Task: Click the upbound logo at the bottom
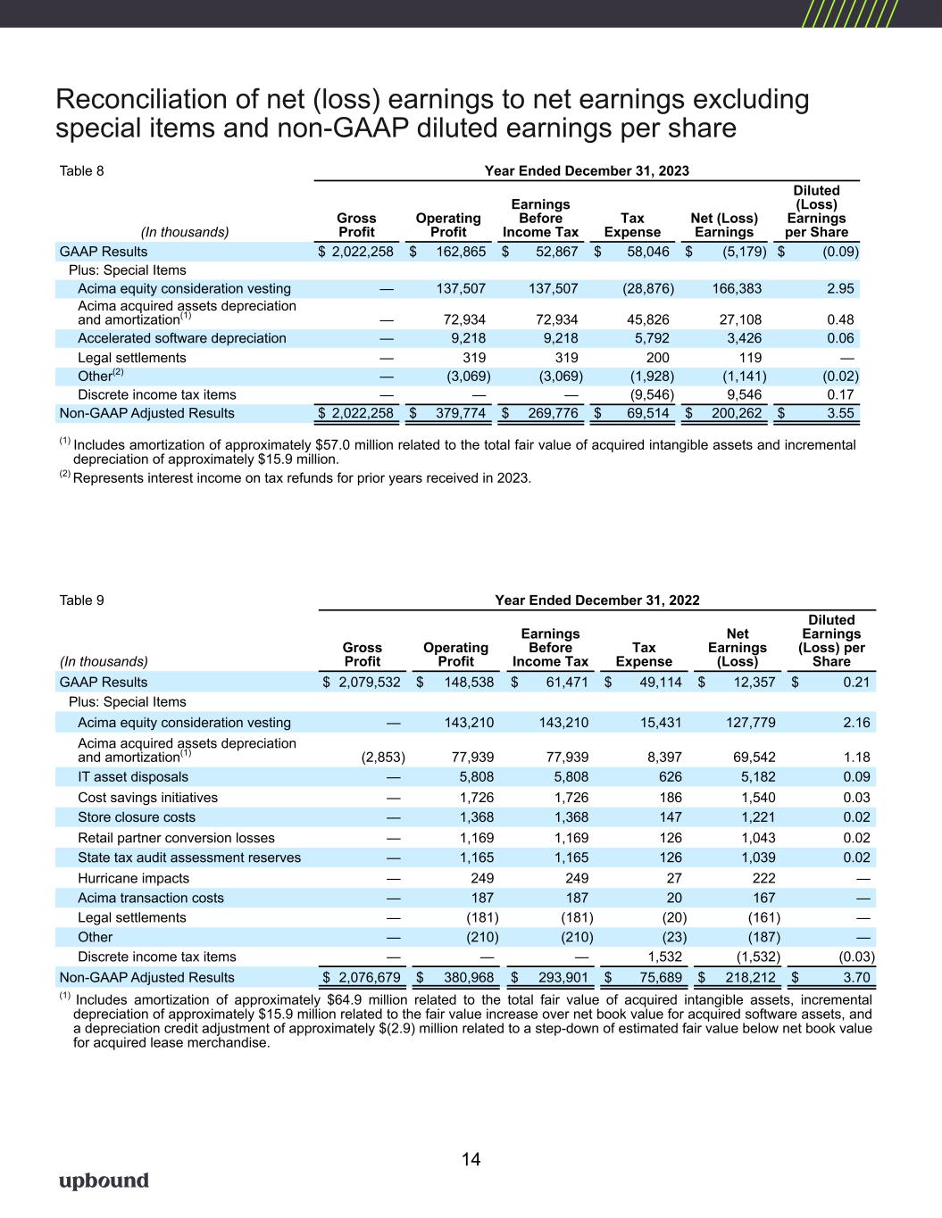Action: pyautogui.click(x=104, y=1181)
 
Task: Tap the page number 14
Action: pyautogui.click(x=471, y=1160)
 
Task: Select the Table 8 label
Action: pyautogui.click(x=81, y=170)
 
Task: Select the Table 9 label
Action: pyautogui.click(x=81, y=601)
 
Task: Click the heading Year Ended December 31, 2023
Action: pyautogui.click(x=586, y=170)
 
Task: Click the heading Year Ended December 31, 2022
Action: pyautogui.click(x=596, y=601)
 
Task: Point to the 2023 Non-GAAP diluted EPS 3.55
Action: pyautogui.click(x=839, y=413)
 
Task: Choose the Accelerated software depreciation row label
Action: pyautogui.click(x=182, y=338)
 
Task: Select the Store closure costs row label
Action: pyautogui.click(x=137, y=817)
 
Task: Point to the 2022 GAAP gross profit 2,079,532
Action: pyautogui.click(x=366, y=683)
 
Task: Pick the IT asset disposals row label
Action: pyautogui.click(x=133, y=777)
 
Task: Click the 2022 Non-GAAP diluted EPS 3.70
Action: pyautogui.click(x=855, y=978)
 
